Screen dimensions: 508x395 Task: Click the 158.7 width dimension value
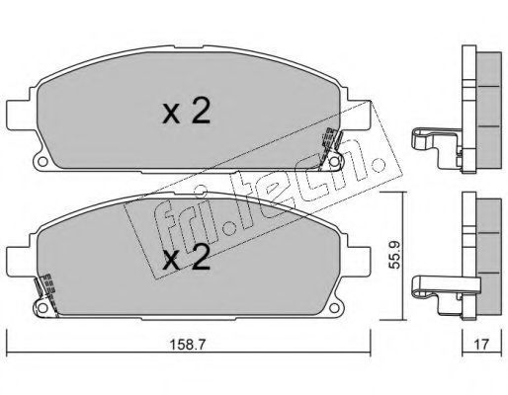[x=187, y=345]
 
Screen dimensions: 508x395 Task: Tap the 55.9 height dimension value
[x=393, y=255]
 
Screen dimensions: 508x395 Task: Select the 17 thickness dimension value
[x=481, y=345]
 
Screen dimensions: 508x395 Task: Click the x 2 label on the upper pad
[x=186, y=113]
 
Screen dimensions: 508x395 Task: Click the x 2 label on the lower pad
[x=186, y=258]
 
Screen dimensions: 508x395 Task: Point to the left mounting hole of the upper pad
[x=42, y=162]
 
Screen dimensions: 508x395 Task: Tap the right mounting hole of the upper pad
[x=334, y=162]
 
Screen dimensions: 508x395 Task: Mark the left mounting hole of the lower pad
[x=42, y=308]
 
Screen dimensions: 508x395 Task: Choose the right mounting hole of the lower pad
[x=334, y=308]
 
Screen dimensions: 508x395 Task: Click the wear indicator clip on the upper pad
[x=331, y=147]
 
